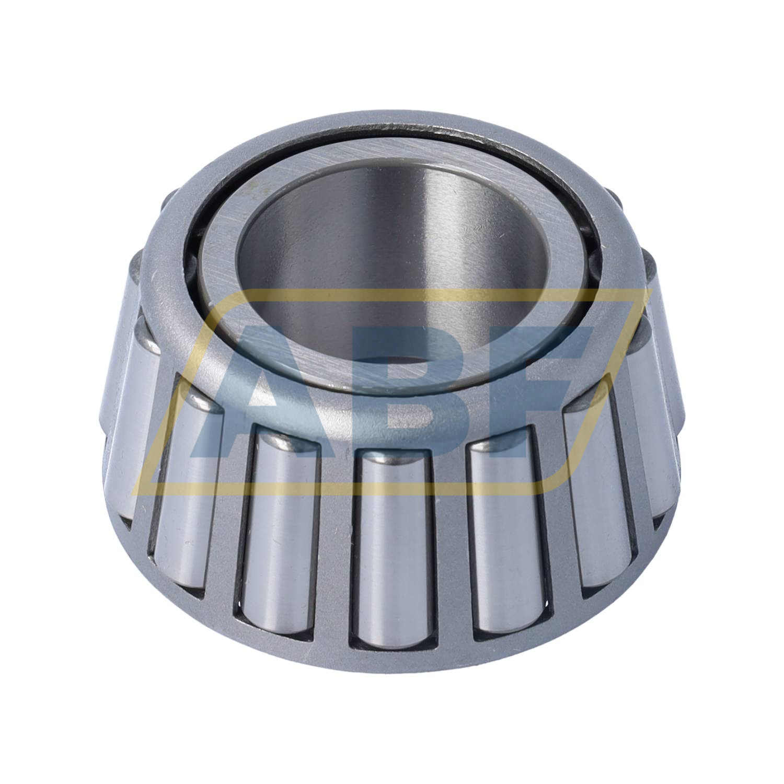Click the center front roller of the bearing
click(x=396, y=544)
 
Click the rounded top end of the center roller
click(x=396, y=460)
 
